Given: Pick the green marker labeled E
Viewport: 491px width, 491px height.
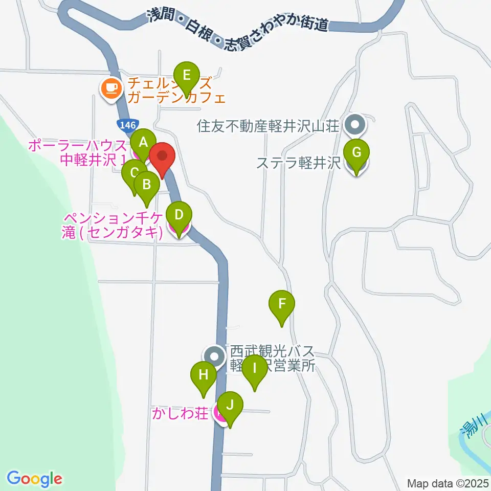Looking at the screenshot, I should (x=186, y=76).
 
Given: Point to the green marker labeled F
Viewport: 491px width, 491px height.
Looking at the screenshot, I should (x=281, y=304).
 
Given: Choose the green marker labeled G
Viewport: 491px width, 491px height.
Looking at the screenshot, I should (x=356, y=152).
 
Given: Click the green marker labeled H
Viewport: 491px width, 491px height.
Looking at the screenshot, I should (x=204, y=375).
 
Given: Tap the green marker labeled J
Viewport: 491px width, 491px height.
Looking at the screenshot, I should (x=230, y=406).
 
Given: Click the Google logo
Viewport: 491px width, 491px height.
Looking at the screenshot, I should (x=34, y=479).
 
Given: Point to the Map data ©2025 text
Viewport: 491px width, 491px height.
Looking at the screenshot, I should (x=448, y=483).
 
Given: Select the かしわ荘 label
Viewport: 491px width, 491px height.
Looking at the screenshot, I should (x=180, y=413).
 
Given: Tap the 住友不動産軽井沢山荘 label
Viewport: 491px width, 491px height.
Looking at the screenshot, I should (x=269, y=126).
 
